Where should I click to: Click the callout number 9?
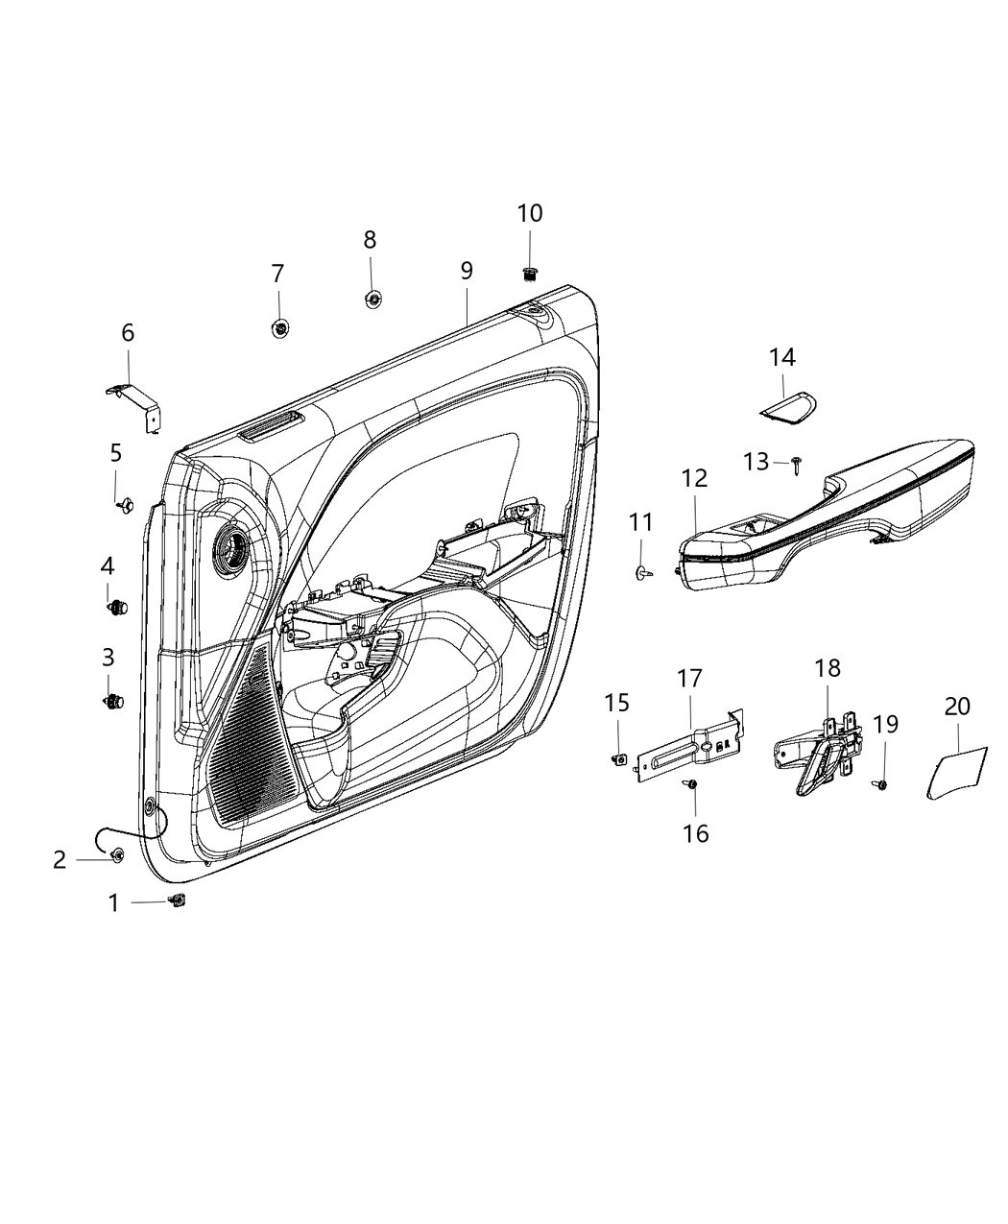(x=467, y=271)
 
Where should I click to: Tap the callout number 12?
(x=694, y=477)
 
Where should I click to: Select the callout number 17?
(x=689, y=679)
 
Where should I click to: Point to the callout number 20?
(x=957, y=706)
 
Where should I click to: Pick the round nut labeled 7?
(x=278, y=328)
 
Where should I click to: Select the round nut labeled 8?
(x=372, y=300)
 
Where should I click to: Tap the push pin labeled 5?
(x=123, y=505)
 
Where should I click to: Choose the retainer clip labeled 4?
(x=116, y=607)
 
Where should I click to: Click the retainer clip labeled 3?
(x=113, y=702)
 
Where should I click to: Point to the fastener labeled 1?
(x=177, y=900)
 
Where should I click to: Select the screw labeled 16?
(x=692, y=786)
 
